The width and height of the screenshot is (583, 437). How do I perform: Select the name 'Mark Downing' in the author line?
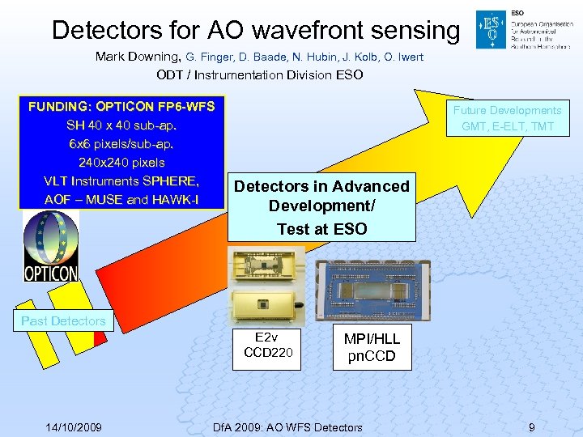tap(138, 57)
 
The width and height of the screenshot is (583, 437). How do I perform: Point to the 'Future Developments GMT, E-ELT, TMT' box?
tap(507, 118)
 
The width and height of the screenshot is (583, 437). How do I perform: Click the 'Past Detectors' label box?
tap(63, 321)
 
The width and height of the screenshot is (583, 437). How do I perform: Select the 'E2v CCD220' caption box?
tap(266, 349)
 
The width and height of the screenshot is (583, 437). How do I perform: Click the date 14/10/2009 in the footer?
tap(73, 426)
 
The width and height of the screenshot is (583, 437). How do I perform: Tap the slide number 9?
tap(531, 426)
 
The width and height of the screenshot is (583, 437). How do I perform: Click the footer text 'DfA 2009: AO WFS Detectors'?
tap(287, 426)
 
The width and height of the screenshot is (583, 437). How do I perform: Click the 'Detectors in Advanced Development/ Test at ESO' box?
tap(321, 207)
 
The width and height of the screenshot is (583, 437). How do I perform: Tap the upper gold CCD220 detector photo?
tap(265, 266)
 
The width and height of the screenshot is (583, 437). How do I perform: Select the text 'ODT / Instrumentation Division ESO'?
tap(259, 75)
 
